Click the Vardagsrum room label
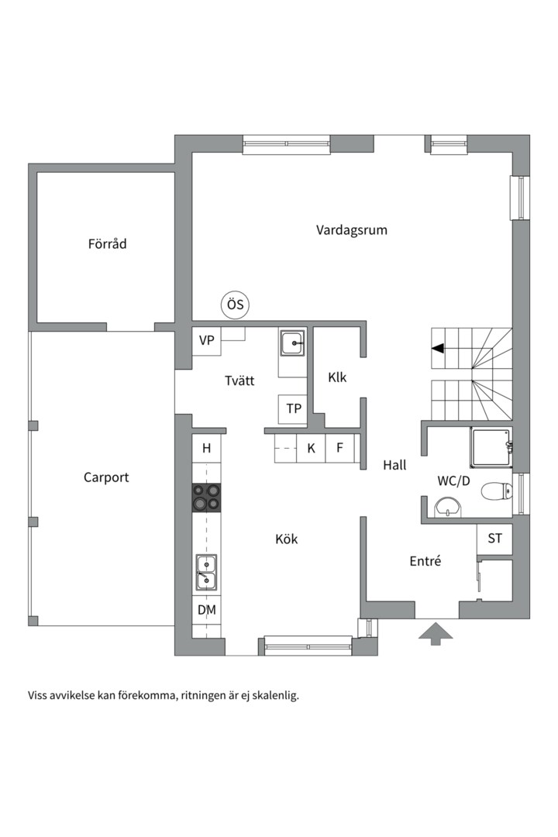click(x=351, y=230)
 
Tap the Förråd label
click(x=107, y=244)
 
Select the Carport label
click(x=106, y=477)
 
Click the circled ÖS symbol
click(x=236, y=305)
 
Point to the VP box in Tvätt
click(x=207, y=340)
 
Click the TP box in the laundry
click(x=293, y=409)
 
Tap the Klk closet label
click(x=337, y=377)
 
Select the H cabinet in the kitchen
click(x=207, y=449)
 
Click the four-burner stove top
click(x=207, y=498)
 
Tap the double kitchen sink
click(x=207, y=573)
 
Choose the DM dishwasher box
click(x=207, y=610)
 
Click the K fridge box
click(x=312, y=448)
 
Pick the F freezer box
click(x=340, y=448)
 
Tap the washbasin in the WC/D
click(x=448, y=507)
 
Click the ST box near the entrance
click(x=494, y=539)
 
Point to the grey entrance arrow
click(x=436, y=633)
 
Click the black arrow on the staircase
click(x=438, y=349)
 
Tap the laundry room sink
click(x=293, y=343)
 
